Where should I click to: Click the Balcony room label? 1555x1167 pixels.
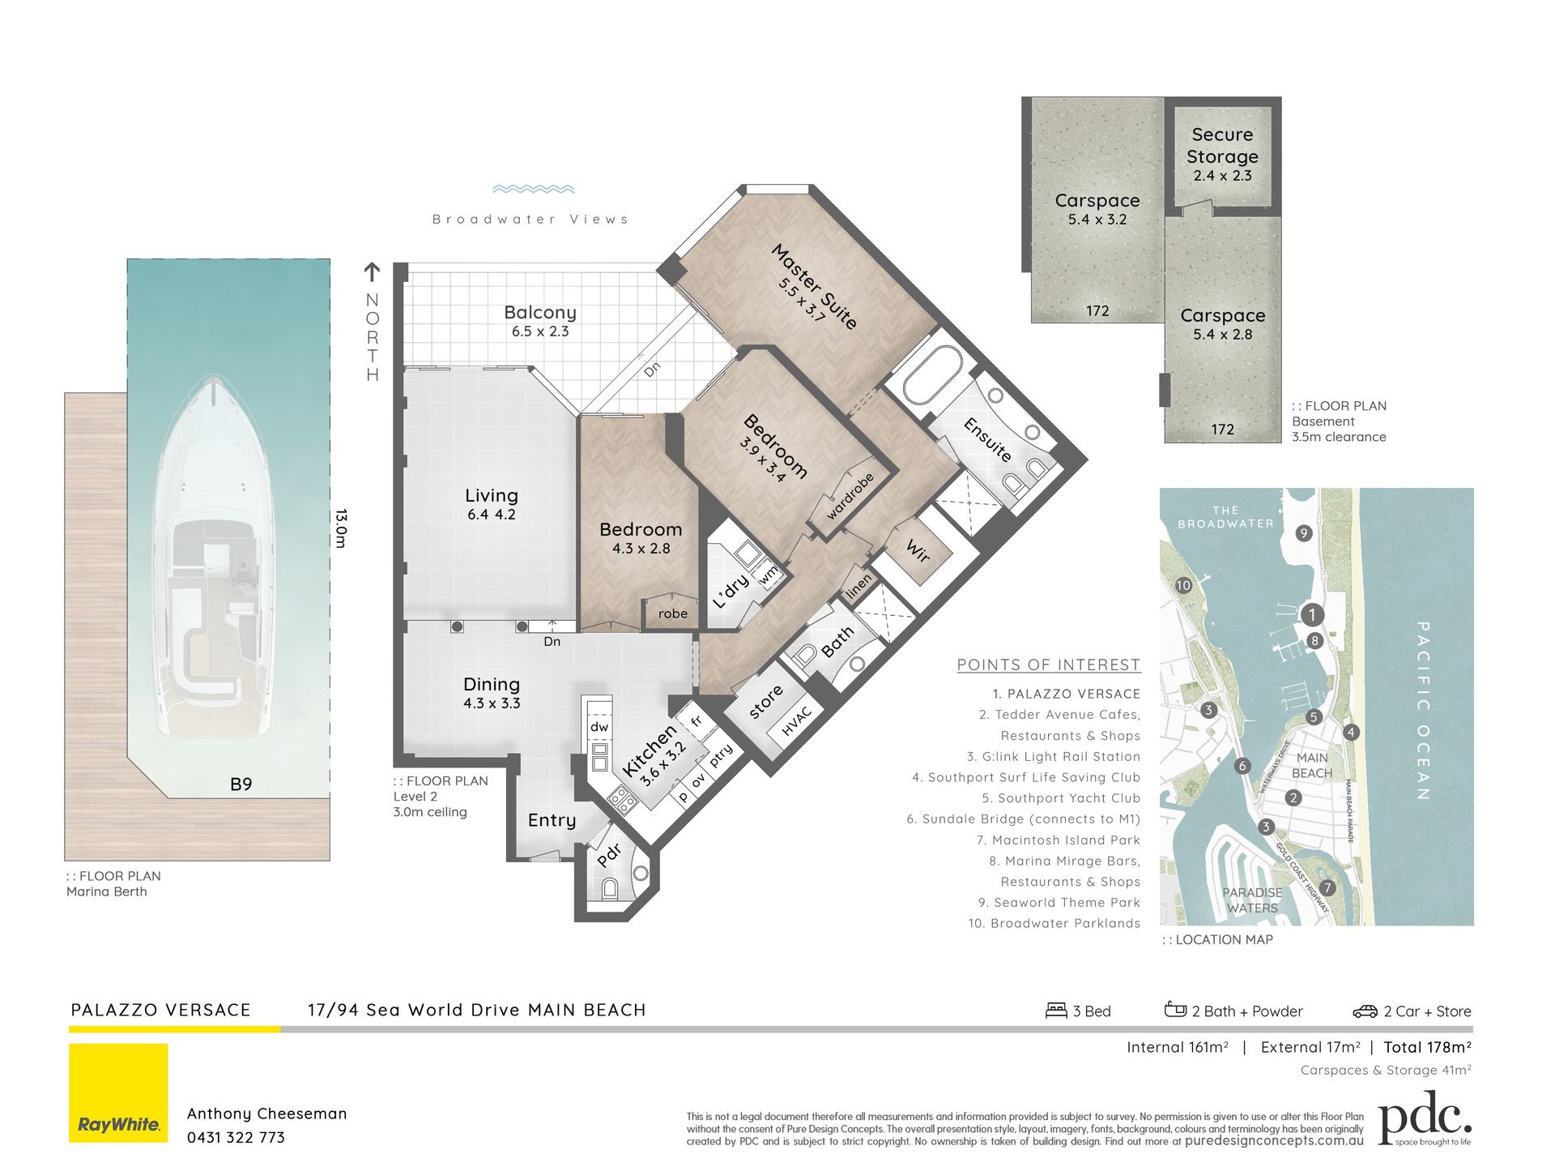coord(540,313)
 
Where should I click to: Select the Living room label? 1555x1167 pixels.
coord(492,495)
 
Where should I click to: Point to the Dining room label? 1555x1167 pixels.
coord(492,685)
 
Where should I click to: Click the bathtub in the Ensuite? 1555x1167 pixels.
coord(932,376)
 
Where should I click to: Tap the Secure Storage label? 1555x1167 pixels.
coord(1222,145)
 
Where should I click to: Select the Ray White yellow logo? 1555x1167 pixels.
coord(118,1092)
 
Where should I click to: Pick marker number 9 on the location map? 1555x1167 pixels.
coord(1303,533)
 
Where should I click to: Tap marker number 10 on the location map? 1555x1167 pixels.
coord(1183,585)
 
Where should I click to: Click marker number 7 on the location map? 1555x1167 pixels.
coord(1327,888)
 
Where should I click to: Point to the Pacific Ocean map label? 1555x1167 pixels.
coord(1423,710)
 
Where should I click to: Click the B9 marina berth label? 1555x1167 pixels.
coord(241,784)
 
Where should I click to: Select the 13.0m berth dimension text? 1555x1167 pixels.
coord(341,528)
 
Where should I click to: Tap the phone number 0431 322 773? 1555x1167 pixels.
coord(236,1137)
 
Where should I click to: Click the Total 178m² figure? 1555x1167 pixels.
coord(1428,1047)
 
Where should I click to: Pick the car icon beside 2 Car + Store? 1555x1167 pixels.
coord(1365,1011)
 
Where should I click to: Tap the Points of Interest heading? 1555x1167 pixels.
coord(1049,665)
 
